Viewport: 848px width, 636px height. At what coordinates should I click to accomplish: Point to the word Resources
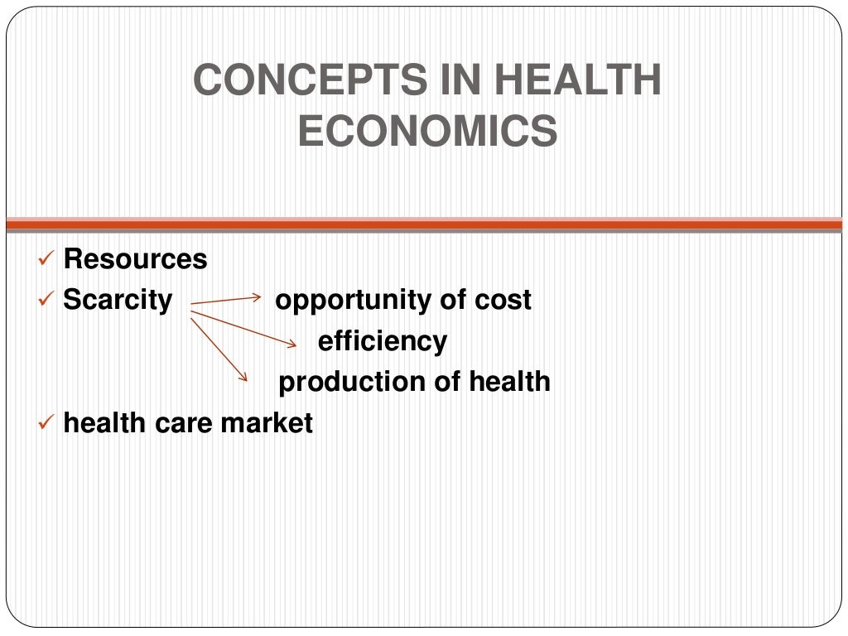(135, 259)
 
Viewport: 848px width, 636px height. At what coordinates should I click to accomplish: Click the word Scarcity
(118, 300)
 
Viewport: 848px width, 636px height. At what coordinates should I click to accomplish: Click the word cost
(503, 300)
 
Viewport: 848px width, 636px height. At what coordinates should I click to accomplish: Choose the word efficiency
(383, 341)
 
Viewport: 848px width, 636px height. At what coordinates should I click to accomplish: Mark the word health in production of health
(509, 382)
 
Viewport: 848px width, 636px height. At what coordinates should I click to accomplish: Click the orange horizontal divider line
(424, 224)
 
